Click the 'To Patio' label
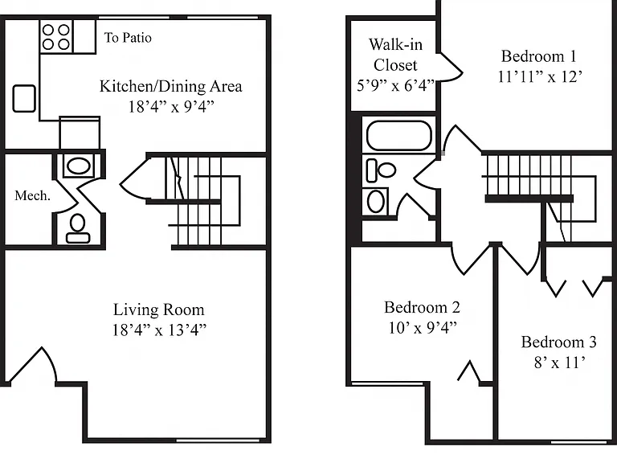[128, 38]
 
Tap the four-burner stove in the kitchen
[56, 37]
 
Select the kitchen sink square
[24, 98]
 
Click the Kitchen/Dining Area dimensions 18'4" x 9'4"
[171, 107]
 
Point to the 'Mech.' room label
[33, 195]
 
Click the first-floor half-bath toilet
[78, 228]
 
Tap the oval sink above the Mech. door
[79, 166]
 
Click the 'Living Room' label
[159, 309]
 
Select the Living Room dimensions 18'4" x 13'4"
[159, 330]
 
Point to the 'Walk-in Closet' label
[395, 55]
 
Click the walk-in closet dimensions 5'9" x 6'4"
[395, 85]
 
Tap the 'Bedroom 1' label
[539, 56]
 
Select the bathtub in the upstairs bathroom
[399, 135]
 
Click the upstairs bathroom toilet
[381, 170]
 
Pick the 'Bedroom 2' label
[423, 307]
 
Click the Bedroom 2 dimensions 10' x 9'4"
[423, 328]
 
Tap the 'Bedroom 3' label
[559, 342]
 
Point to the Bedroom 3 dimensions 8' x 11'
[559, 363]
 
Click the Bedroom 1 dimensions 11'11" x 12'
[540, 76]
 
